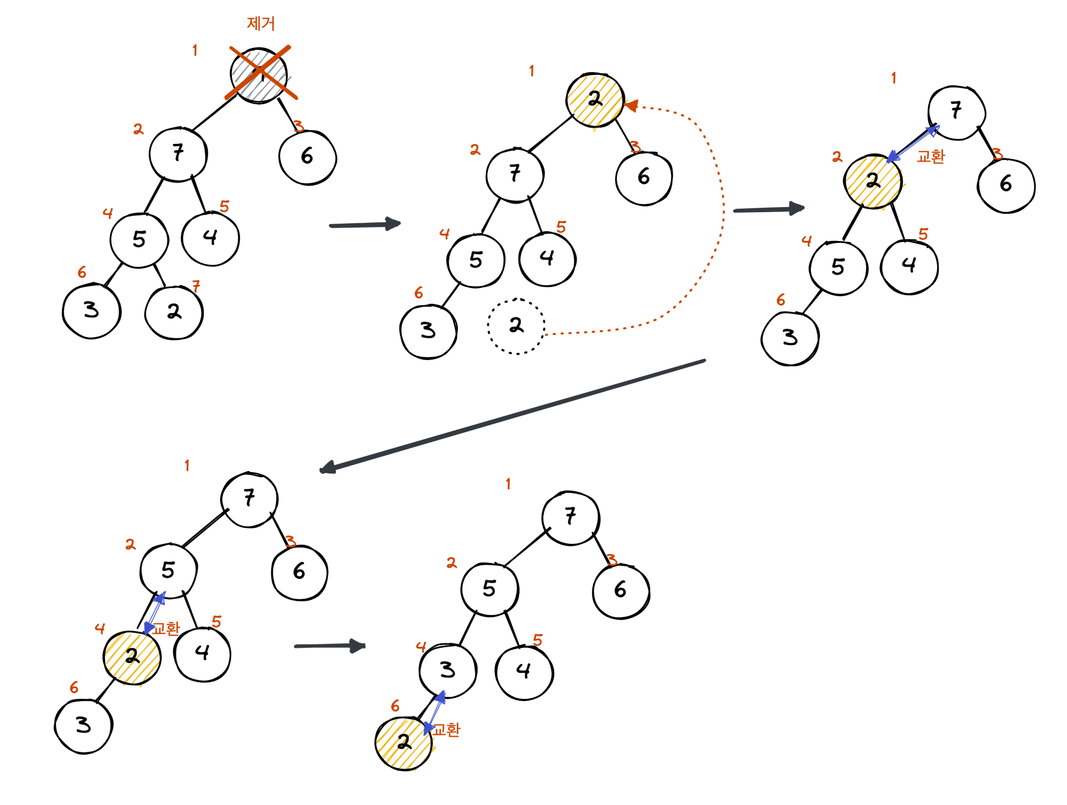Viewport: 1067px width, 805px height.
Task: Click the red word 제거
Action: (x=260, y=23)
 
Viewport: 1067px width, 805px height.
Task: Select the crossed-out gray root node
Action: (x=259, y=75)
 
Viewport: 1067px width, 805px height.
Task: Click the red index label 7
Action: (x=196, y=286)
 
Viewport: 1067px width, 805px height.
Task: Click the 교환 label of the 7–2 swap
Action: (x=931, y=156)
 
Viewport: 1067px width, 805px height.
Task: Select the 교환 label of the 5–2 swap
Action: (x=166, y=629)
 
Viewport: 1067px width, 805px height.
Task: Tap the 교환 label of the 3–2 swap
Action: (x=446, y=730)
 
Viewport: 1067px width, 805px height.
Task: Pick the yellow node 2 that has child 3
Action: (x=132, y=657)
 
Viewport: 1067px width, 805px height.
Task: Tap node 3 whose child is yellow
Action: (x=447, y=670)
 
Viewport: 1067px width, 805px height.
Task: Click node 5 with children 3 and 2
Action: (x=139, y=239)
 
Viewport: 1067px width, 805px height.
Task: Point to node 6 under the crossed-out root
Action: (x=307, y=157)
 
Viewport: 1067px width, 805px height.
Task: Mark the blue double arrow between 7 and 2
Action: (x=913, y=143)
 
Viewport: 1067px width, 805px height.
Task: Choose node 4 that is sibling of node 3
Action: (x=524, y=671)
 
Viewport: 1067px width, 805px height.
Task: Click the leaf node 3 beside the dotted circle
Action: (x=428, y=332)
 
